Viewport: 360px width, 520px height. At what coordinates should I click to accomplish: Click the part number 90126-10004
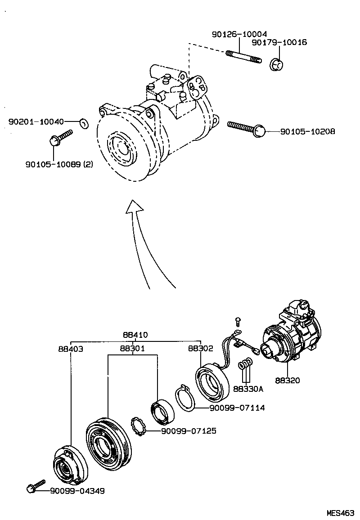click(x=239, y=34)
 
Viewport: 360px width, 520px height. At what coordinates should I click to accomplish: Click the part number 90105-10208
click(x=307, y=132)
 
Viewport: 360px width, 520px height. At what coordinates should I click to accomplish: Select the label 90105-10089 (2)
click(x=59, y=164)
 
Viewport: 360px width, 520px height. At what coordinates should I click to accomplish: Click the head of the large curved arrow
click(x=134, y=207)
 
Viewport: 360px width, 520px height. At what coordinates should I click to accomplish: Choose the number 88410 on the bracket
click(x=135, y=335)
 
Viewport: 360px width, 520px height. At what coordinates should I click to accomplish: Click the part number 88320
click(x=287, y=380)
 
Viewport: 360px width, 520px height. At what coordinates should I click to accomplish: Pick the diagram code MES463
click(x=341, y=512)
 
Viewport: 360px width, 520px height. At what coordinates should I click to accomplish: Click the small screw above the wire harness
click(x=238, y=321)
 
